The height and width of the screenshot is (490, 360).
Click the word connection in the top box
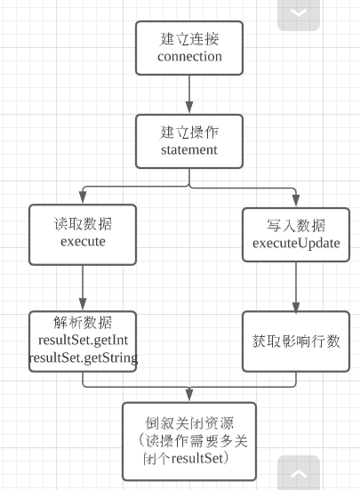click(x=189, y=57)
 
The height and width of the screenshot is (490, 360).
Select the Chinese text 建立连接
click(x=189, y=39)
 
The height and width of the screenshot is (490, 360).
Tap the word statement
click(x=189, y=149)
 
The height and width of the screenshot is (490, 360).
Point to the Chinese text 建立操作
click(x=189, y=133)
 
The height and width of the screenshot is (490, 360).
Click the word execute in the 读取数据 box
click(x=83, y=241)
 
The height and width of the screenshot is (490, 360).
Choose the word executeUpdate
click(x=296, y=244)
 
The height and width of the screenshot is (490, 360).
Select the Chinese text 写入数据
click(x=296, y=226)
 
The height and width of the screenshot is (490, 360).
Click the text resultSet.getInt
click(x=83, y=340)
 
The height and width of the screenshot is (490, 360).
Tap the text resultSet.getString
click(x=83, y=357)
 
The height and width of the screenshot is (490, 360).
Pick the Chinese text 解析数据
click(x=83, y=323)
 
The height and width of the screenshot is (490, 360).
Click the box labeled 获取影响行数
click(x=296, y=341)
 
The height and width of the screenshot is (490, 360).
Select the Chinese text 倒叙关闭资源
click(x=189, y=423)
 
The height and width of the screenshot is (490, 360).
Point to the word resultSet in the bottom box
click(x=197, y=459)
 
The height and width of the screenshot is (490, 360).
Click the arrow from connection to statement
click(x=189, y=94)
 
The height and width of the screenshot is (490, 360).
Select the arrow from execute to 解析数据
click(x=83, y=288)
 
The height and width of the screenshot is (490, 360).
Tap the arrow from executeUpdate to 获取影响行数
click(x=296, y=287)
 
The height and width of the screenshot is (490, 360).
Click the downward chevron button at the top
click(x=299, y=13)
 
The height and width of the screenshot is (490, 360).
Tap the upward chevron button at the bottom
click(x=299, y=474)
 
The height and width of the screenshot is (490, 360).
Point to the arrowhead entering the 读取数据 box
click(x=83, y=197)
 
